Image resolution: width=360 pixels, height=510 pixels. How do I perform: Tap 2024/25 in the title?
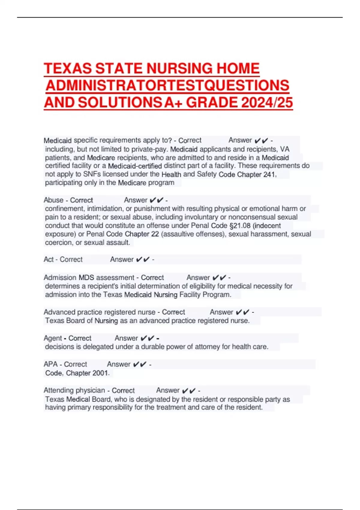pyautogui.click(x=267, y=103)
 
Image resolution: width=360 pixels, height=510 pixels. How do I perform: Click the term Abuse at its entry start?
pyautogui.click(x=53, y=200)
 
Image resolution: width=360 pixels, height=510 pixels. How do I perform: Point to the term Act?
pyautogui.click(x=49, y=259)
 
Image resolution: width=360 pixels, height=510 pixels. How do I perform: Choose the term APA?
pyautogui.click(x=50, y=364)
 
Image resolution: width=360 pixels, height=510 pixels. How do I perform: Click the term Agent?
pyautogui.click(x=53, y=338)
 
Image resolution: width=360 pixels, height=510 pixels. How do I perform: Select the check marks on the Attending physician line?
pyautogui.click(x=189, y=391)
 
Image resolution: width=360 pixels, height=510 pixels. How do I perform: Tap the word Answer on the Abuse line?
pyautogui.click(x=136, y=200)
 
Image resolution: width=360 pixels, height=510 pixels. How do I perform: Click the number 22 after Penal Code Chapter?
pyautogui.click(x=155, y=234)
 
